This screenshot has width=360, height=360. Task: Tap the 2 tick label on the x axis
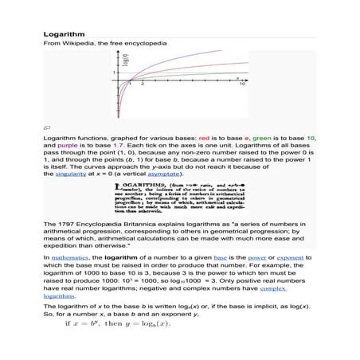[x=141, y=84]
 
